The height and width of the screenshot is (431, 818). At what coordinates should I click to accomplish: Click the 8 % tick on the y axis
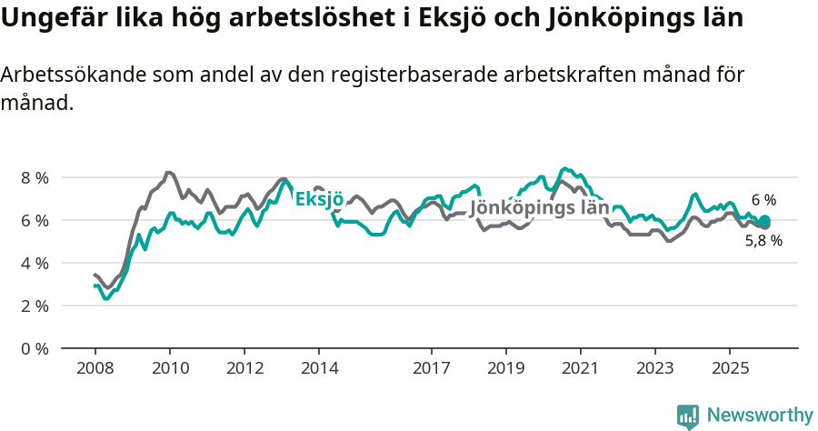(35, 177)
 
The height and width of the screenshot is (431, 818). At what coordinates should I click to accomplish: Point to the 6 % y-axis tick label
(35, 220)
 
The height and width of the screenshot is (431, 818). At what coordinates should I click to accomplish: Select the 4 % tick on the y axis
(35, 263)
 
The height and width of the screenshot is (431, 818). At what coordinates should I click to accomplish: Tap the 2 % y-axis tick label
(35, 306)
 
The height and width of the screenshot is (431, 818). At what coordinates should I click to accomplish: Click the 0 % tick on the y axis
(35, 348)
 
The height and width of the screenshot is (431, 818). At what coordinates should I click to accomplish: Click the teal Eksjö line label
(320, 199)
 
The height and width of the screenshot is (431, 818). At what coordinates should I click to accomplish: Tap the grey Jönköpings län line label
(539, 208)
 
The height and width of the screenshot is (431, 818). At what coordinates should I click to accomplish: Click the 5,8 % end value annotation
(763, 241)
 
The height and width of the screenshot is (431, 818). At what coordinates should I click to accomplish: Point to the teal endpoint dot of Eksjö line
(764, 221)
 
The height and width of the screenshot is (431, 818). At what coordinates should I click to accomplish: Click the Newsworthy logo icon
(688, 416)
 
